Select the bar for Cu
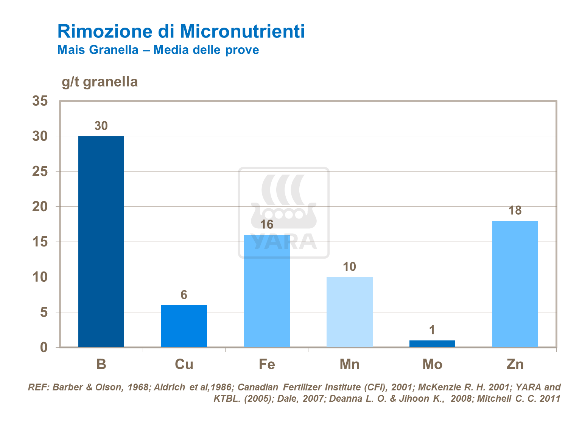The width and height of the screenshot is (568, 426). (x=184, y=326)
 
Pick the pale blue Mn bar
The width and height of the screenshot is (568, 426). (x=349, y=312)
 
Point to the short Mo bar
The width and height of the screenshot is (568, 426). (x=432, y=344)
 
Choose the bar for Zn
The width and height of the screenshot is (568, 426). (x=515, y=284)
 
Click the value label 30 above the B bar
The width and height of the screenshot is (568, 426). (x=101, y=126)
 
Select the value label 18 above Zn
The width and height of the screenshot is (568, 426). (x=515, y=211)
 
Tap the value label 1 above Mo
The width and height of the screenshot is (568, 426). (x=432, y=330)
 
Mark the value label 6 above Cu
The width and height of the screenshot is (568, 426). (x=184, y=295)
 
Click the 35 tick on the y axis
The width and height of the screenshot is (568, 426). (x=40, y=101)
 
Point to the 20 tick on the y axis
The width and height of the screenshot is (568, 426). (x=40, y=207)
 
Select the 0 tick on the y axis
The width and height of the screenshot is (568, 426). (x=44, y=347)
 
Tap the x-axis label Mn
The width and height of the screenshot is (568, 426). (x=349, y=364)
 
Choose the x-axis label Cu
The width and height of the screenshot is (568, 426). (x=184, y=364)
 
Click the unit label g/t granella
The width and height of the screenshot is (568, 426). (x=100, y=82)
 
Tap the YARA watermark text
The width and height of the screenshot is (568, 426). (x=284, y=242)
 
